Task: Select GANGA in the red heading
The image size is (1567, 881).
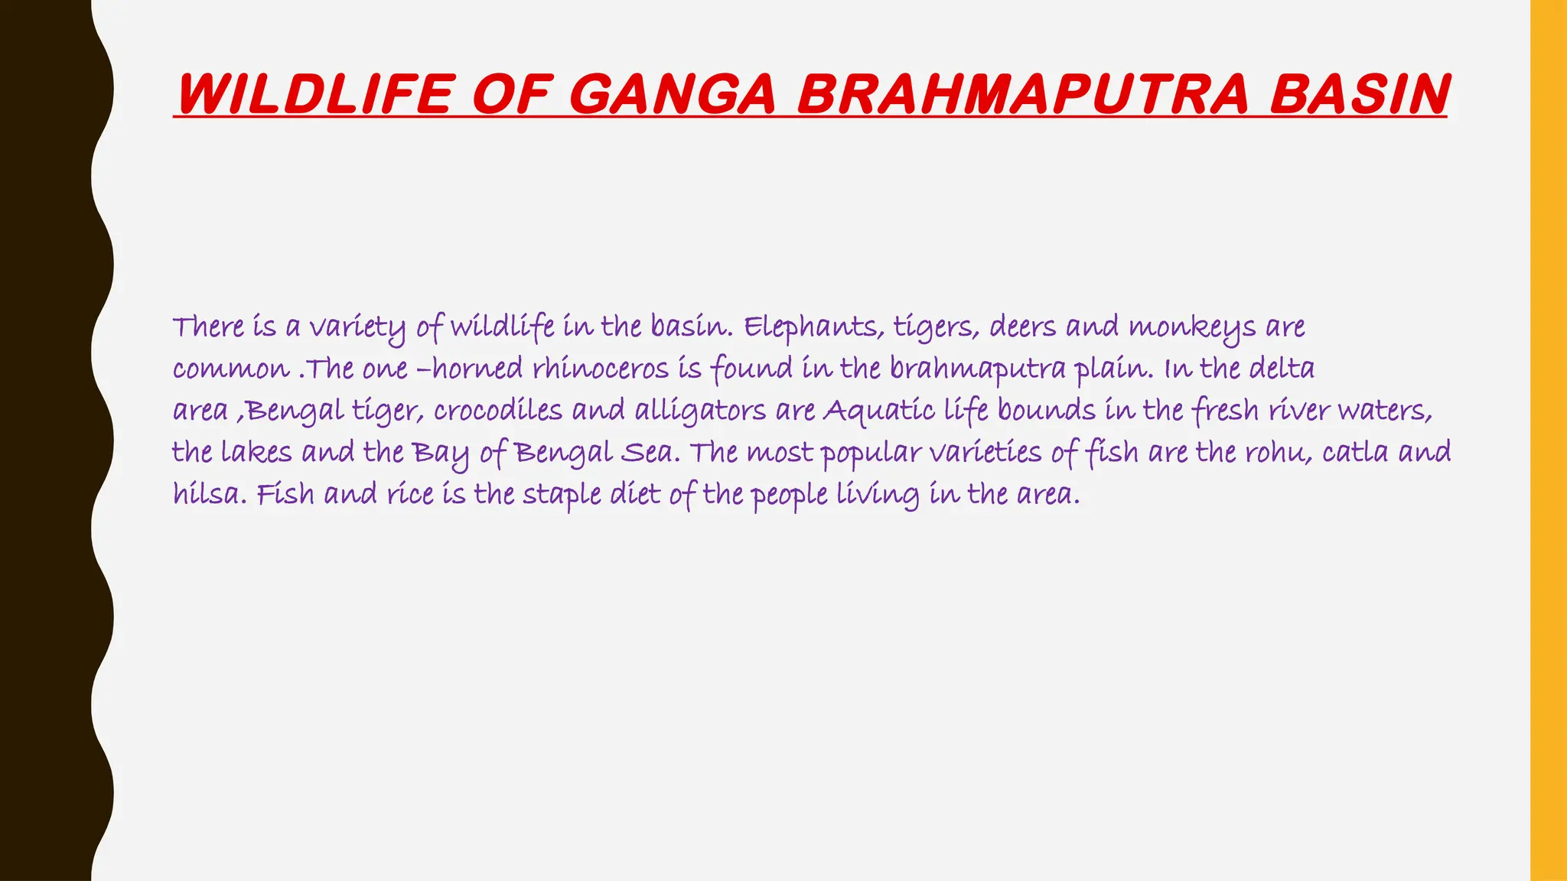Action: [673, 94]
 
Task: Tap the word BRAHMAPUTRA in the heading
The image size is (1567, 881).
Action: [1023, 94]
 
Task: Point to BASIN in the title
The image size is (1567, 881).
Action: [1358, 94]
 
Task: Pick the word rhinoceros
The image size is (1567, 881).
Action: [601, 369]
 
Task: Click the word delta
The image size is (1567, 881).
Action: [1282, 369]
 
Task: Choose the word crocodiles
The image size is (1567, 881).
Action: [497, 411]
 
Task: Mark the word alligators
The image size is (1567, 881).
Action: [700, 411]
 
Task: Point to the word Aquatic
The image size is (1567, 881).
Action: [879, 411]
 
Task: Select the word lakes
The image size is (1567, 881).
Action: [256, 453]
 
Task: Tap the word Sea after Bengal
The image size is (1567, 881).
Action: [650, 453]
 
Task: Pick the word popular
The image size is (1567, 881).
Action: [871, 453]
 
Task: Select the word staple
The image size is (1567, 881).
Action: [562, 495]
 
